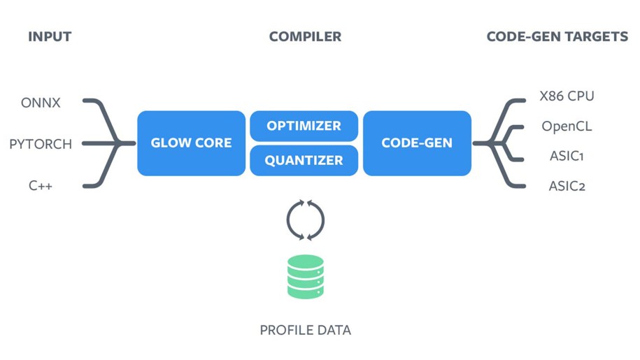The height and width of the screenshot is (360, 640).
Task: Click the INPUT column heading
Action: pyautogui.click(x=50, y=36)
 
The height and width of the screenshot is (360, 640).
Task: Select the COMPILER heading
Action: pyautogui.click(x=305, y=36)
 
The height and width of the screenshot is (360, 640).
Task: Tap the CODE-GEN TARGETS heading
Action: pyautogui.click(x=557, y=36)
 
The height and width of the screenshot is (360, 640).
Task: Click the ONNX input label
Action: pyautogui.click(x=41, y=103)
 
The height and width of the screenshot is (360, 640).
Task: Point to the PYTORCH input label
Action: pyautogui.click(x=41, y=145)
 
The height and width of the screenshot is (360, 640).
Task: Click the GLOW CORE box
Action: pyautogui.click(x=191, y=143)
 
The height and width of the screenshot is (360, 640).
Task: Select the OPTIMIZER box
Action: pyautogui.click(x=304, y=126)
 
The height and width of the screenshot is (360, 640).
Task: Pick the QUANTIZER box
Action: pyautogui.click(x=304, y=160)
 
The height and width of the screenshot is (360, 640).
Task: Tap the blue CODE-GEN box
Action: pyautogui.click(x=417, y=143)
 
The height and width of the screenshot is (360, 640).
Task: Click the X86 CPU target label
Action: pyautogui.click(x=567, y=96)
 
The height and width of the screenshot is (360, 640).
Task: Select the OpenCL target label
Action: pyautogui.click(x=567, y=127)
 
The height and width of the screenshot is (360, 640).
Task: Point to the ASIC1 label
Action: pyautogui.click(x=567, y=156)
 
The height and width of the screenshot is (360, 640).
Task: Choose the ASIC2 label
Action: pyautogui.click(x=567, y=186)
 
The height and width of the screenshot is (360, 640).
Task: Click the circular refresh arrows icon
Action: pyautogui.click(x=306, y=219)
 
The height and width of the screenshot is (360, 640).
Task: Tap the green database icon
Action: pyautogui.click(x=306, y=277)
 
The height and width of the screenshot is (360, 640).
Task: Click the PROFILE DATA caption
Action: pyautogui.click(x=306, y=329)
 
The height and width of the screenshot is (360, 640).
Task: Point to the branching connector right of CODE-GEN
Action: pyautogui.click(x=498, y=143)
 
